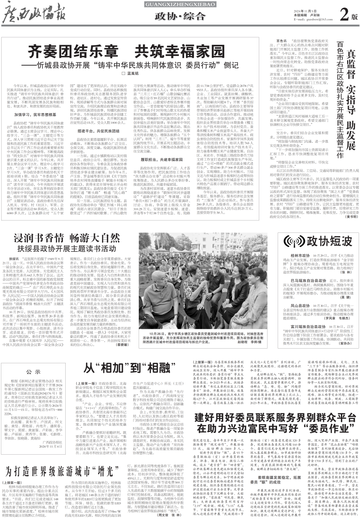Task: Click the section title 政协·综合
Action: (x=180, y=17)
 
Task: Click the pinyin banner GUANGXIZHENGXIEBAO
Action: (x=180, y=4)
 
